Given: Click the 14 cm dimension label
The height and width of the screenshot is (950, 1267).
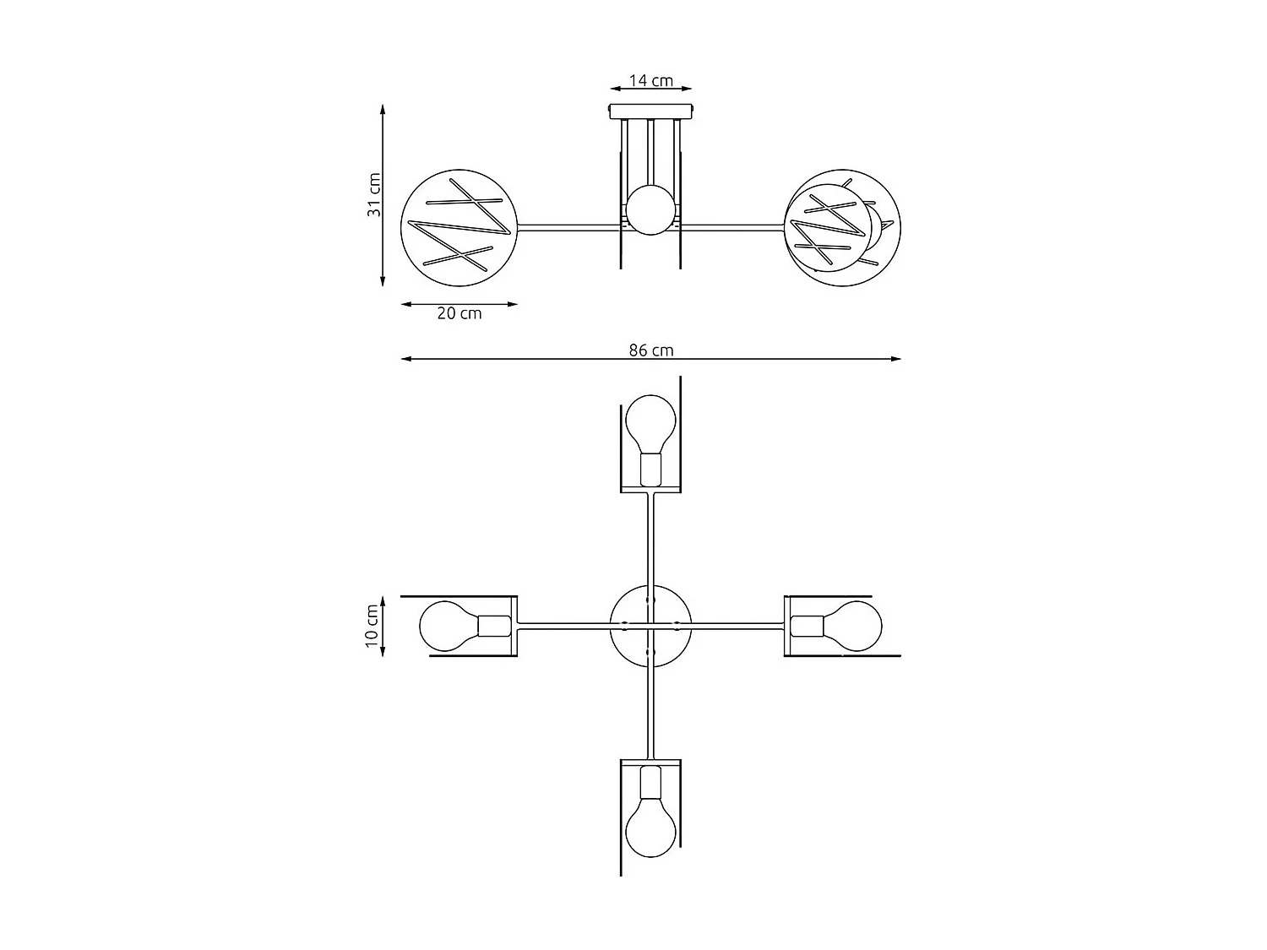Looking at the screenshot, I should click(650, 80).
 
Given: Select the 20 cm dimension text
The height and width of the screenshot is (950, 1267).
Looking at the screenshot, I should click(459, 313).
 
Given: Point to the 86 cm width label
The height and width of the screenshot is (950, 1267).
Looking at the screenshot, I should click(650, 350).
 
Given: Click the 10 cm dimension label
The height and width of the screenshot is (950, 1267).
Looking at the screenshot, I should click(372, 627).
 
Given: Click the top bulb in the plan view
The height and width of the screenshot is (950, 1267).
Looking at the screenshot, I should click(650, 422).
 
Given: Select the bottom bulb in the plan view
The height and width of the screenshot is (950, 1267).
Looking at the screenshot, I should click(650, 826).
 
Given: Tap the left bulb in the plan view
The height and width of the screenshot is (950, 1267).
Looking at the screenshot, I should click(448, 627).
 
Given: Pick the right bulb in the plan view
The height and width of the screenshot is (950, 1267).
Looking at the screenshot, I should click(853, 627).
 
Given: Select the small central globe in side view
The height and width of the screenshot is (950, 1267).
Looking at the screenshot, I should click(650, 210).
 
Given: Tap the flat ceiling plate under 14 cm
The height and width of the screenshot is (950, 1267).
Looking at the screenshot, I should click(650, 111).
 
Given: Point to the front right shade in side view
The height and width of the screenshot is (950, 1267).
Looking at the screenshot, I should click(828, 228).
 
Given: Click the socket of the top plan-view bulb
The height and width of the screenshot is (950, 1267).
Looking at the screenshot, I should click(650, 469).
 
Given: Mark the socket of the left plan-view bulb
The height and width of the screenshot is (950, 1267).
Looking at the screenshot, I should click(495, 627).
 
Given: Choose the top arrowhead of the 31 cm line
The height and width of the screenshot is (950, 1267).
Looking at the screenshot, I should click(383, 109).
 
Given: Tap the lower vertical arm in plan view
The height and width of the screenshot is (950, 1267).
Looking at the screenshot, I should click(650, 714).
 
